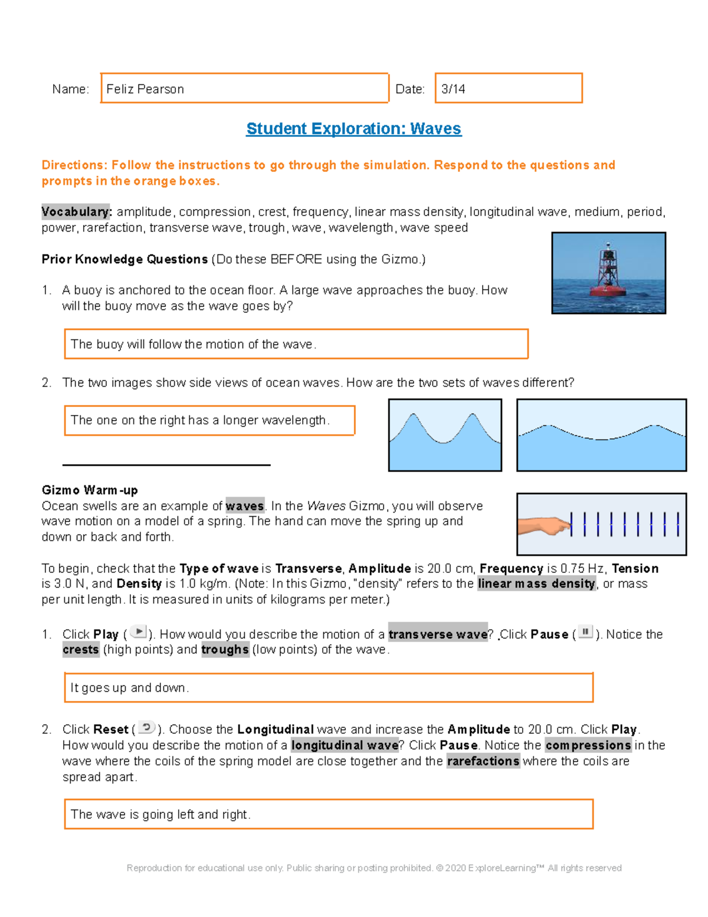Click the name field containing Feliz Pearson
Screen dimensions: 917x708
coord(244,89)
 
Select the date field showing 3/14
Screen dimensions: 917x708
coord(508,89)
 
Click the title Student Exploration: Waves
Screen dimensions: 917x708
coord(353,129)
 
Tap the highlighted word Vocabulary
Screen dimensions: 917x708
coord(76,211)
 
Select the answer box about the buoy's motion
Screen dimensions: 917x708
coord(296,344)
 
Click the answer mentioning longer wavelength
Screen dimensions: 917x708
coord(209,420)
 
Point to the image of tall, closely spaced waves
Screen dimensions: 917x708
coord(445,435)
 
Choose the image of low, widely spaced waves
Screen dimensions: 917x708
coord(601,435)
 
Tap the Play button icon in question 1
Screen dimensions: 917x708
coord(138,632)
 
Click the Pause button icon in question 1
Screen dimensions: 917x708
coord(585,632)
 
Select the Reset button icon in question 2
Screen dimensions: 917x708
coord(146,727)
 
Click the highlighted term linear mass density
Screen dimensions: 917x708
coord(536,584)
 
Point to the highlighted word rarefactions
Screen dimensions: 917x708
coord(483,761)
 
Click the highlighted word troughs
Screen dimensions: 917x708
coord(225,650)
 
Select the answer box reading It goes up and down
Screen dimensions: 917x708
coord(328,688)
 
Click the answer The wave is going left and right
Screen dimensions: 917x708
coord(328,814)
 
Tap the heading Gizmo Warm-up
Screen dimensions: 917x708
coord(90,490)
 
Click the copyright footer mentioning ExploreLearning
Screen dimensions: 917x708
coord(374,868)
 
